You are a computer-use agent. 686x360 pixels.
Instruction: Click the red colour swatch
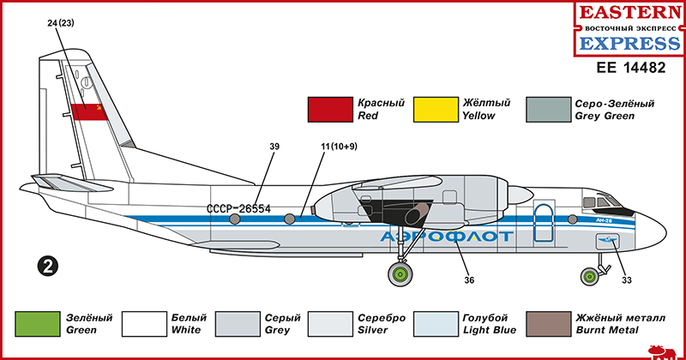pos(330,110)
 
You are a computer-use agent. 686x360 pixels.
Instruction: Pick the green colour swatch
pos(39,324)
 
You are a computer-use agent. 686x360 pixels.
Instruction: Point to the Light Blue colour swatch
pos(436,324)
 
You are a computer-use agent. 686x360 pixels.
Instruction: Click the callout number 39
pos(274,147)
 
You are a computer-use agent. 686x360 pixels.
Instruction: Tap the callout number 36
pos(469,279)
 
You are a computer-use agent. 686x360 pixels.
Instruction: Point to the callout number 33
pos(627,279)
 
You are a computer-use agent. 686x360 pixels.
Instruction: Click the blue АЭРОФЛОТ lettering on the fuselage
pos(446,237)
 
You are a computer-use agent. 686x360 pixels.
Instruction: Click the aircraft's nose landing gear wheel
pos(591,275)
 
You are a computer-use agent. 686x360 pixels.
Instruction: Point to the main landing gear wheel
pos(400,275)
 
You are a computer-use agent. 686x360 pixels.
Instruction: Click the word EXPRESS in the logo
pos(629,44)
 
